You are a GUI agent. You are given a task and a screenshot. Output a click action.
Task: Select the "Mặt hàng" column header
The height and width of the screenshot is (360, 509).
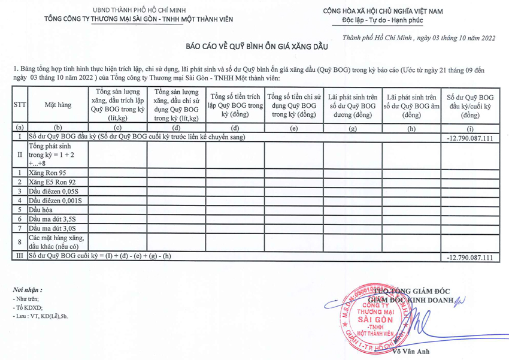tap(57, 105)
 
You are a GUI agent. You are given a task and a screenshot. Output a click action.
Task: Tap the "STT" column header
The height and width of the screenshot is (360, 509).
tap(20, 105)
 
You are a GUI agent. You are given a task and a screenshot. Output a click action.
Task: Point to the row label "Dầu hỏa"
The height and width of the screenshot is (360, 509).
tap(41, 210)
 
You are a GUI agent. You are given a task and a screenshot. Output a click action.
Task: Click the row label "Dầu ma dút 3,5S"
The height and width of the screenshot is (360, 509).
tap(53, 219)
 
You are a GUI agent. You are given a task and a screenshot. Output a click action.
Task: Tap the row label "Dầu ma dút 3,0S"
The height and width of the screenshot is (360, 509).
tap(53, 228)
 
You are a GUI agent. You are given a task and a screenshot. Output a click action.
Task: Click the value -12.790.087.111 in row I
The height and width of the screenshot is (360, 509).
tap(469, 138)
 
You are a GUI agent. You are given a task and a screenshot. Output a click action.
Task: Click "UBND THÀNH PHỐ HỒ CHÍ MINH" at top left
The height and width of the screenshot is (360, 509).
tap(139, 11)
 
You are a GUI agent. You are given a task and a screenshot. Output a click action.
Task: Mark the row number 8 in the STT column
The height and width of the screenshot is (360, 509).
tap(20, 242)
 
